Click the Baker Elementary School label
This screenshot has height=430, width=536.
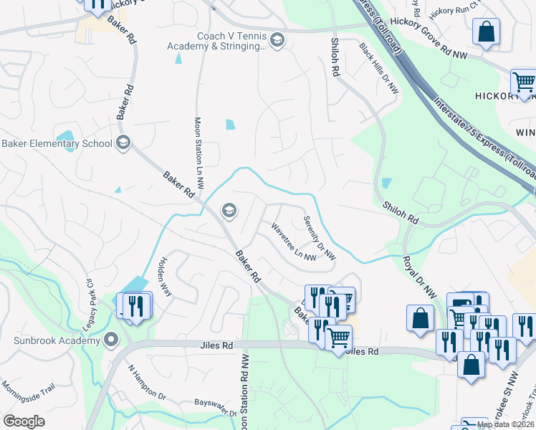(x=57, y=143)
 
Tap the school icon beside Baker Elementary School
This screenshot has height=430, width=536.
(x=123, y=143)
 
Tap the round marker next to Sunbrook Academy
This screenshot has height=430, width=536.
(x=110, y=339)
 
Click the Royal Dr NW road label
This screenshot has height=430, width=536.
(x=418, y=277)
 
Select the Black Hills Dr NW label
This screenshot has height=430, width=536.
(x=378, y=68)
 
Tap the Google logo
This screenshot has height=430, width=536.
(x=24, y=421)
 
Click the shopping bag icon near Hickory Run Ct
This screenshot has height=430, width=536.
(x=487, y=31)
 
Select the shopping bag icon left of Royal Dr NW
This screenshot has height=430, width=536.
(x=420, y=317)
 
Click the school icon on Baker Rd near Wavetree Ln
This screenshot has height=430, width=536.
(x=229, y=210)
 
